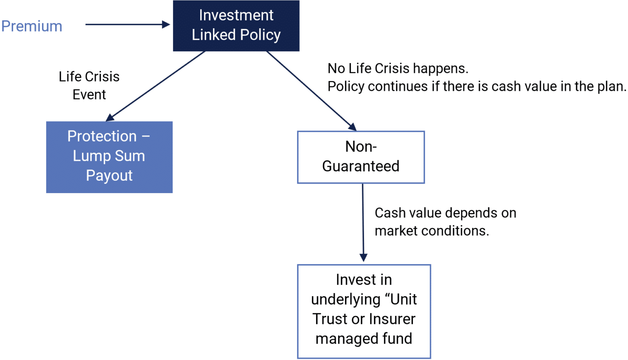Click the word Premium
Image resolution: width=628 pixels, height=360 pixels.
32,26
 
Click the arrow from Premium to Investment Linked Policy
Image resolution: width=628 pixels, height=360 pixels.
127,25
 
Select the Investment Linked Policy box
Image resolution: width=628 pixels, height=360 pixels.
236,25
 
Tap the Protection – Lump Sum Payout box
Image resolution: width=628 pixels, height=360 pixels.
109,157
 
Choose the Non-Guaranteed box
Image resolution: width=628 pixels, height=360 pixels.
361,157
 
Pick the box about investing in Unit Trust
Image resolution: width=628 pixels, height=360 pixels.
364,311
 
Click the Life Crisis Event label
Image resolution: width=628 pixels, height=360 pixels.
89,85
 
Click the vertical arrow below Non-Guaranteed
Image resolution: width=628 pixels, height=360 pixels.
363,221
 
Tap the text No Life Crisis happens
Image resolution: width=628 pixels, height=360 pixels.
398,68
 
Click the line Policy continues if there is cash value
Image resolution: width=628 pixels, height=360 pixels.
476,86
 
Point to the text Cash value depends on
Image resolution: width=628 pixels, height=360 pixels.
445,213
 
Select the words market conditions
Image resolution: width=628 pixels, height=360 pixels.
432,231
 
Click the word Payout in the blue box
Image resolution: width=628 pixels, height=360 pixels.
109,175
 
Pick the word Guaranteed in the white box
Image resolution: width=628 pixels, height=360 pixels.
361,166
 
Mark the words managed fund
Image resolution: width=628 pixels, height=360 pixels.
364,338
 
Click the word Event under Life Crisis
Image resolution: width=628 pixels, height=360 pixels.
89,94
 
